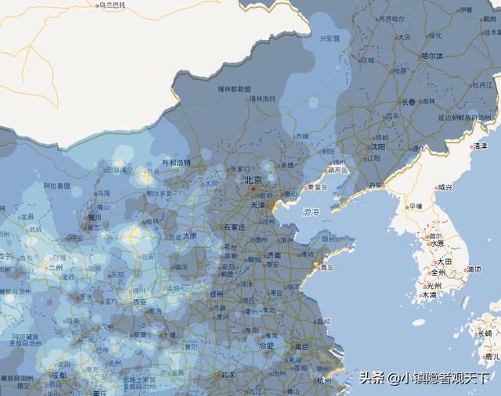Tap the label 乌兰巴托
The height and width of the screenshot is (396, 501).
[110, 5]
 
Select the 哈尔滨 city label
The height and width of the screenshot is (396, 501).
[432, 56]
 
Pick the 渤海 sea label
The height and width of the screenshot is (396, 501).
[310, 211]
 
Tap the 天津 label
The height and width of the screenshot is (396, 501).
[258, 205]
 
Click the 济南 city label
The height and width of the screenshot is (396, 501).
[272, 255]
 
